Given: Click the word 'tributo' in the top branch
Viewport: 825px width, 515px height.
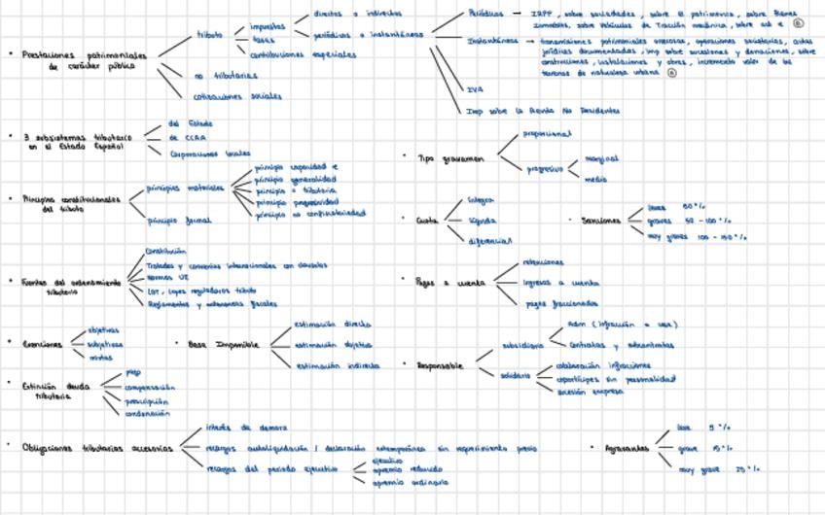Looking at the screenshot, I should [209, 34].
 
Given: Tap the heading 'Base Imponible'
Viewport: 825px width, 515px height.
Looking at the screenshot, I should [224, 344].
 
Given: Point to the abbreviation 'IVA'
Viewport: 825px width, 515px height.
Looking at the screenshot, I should [476, 88].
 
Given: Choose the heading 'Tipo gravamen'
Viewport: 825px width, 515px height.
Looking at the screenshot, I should [449, 156].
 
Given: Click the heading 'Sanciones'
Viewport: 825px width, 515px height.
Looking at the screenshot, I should [600, 220].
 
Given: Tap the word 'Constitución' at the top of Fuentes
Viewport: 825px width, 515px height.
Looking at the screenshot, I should [165, 250].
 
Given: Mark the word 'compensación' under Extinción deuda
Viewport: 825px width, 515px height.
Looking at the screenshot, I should [150, 387].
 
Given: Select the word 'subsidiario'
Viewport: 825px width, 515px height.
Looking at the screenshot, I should [521, 345].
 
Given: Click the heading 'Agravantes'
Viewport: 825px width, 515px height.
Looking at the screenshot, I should [626, 449].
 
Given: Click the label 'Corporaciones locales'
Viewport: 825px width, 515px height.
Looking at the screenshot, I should [210, 153].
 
